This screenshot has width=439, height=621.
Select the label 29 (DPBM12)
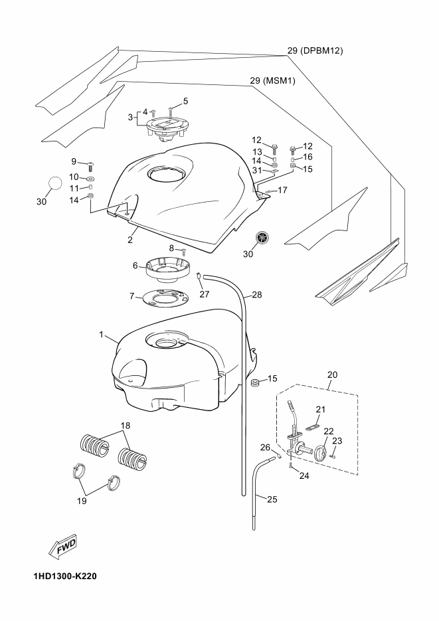pos(315,50)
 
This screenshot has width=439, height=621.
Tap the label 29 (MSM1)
pos(272,81)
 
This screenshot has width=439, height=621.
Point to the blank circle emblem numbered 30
pos(55,183)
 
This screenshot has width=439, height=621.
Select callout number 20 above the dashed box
pos(333,375)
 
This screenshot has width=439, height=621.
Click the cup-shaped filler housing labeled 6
pos(167,270)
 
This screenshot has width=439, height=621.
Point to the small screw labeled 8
pos(184,251)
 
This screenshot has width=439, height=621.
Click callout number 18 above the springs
pos(126,426)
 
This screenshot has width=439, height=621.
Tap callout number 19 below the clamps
pos(82,501)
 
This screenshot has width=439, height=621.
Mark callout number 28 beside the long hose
pos(257,295)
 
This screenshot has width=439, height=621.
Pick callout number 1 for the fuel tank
pos(101,335)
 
